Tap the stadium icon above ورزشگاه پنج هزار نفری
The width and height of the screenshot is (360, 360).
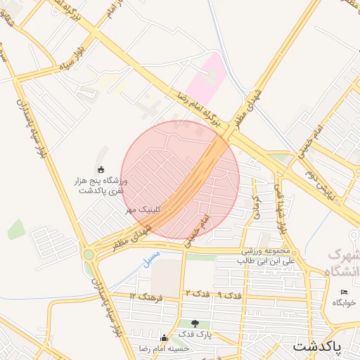[101, 169]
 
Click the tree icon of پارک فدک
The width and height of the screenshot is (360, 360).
[195, 323]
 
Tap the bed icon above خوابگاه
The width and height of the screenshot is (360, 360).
[343, 292]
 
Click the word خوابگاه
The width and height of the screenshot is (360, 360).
[344, 302]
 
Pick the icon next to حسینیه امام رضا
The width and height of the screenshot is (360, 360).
[165, 337]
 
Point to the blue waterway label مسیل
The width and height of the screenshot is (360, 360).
[151, 257]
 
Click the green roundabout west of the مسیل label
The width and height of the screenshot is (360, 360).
[89, 255]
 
